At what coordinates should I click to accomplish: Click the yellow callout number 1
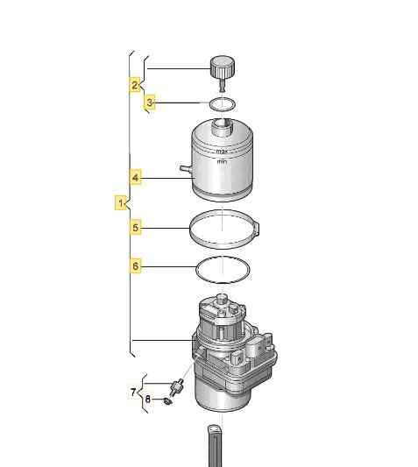(x=121, y=202)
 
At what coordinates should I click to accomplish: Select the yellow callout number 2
(x=135, y=85)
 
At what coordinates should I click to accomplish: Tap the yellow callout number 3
(x=150, y=103)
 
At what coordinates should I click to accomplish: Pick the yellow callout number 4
(x=136, y=178)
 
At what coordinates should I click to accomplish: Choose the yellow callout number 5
(x=136, y=228)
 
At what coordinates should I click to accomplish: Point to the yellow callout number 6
(x=136, y=265)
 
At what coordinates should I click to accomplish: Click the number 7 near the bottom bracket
(x=133, y=392)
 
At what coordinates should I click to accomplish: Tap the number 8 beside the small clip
(x=148, y=399)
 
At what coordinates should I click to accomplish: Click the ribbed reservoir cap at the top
(x=223, y=67)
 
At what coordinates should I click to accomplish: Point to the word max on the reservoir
(x=222, y=152)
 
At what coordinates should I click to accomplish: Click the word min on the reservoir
(x=222, y=161)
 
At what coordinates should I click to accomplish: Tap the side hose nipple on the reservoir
(x=186, y=169)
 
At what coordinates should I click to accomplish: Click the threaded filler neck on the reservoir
(x=222, y=127)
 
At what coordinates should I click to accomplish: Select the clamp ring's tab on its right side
(x=257, y=229)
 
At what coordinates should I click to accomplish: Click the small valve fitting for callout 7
(x=176, y=386)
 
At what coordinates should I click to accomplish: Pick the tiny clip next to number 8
(x=167, y=401)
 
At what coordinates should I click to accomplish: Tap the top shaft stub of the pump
(x=222, y=299)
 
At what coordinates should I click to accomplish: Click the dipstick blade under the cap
(x=223, y=85)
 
